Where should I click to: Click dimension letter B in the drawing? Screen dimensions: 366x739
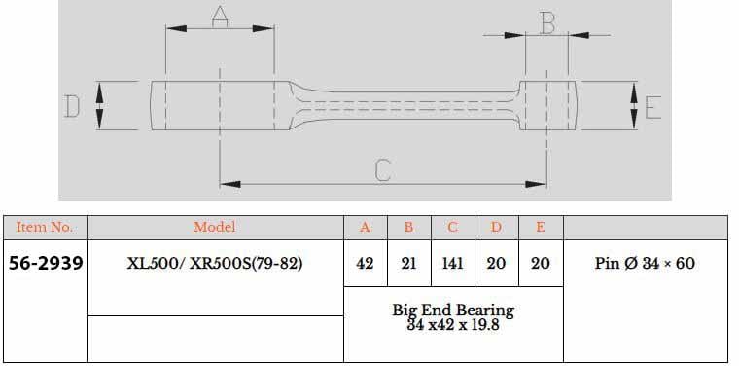coord(547,21)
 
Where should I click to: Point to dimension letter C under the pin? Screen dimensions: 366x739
coord(382,170)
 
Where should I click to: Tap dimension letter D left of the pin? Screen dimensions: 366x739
coord(72,105)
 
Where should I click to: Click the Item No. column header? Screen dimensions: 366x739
coord(45,228)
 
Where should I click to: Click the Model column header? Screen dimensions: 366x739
coord(215,228)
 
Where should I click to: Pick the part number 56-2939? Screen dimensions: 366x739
coord(45,263)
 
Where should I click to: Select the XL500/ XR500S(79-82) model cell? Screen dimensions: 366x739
coord(215,263)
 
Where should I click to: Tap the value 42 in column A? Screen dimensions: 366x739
coord(366,263)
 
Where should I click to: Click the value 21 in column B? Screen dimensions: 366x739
coord(409,263)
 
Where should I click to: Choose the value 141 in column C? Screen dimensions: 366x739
coord(453,263)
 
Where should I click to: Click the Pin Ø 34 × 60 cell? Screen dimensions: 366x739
coord(645,263)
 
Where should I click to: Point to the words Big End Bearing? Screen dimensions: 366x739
coord(453,310)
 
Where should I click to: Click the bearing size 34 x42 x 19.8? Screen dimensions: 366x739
coord(453,324)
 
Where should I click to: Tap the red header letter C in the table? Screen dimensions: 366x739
coord(453,228)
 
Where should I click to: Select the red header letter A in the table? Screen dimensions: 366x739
coord(366,228)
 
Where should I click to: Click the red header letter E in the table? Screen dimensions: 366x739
coord(541,228)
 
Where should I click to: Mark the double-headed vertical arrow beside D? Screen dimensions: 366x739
coord(100,105)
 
